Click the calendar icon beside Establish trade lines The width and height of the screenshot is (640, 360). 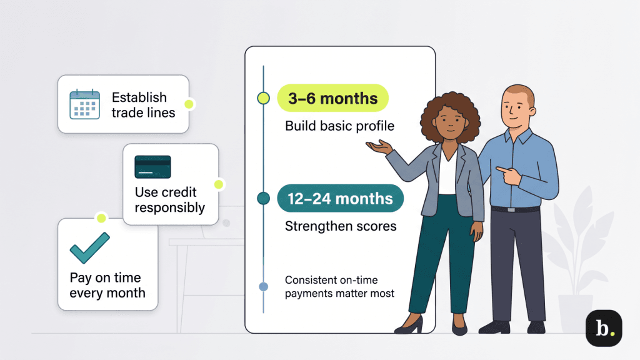(85, 104)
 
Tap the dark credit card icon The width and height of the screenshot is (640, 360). (152, 167)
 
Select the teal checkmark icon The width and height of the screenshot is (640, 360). (89, 247)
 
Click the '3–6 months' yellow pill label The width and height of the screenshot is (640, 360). (332, 98)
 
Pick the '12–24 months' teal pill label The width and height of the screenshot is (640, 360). (340, 199)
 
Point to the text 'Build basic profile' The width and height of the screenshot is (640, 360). (339, 126)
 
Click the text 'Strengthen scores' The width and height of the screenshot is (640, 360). (341, 226)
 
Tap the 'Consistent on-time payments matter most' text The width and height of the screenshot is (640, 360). (339, 286)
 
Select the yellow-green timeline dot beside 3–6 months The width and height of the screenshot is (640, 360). (263, 98)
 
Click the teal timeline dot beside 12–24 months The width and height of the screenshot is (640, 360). (263, 199)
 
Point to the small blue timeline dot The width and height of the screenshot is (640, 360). (263, 287)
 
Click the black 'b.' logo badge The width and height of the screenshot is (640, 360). (603, 329)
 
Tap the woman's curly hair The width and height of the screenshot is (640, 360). (443, 116)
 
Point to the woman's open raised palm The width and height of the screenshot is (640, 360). (379, 147)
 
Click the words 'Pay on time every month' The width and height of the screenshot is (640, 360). (107, 285)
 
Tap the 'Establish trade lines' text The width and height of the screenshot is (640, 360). (143, 105)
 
